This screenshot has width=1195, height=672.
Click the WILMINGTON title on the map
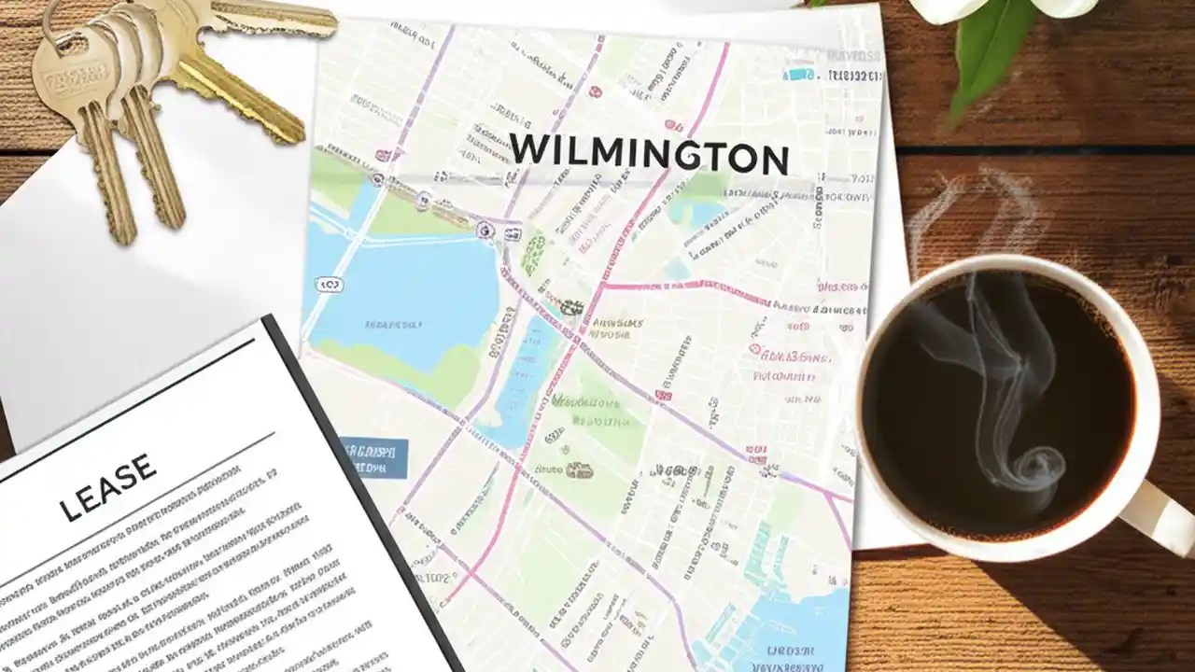tap(649, 154)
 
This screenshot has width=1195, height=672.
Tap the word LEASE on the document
tap(107, 488)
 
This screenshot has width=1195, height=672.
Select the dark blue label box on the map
tap(373, 457)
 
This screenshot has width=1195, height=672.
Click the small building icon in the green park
tap(579, 469)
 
